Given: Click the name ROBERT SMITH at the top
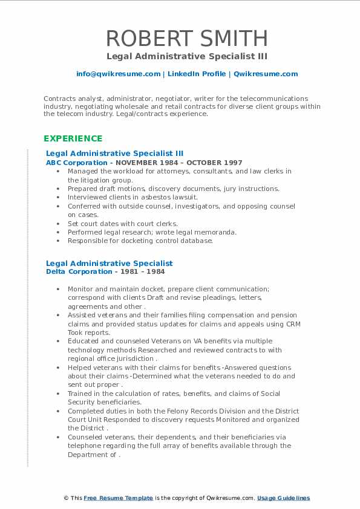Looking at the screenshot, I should coord(187,38).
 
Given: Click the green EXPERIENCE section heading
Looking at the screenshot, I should coord(73,138).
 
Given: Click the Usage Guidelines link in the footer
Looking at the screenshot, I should coord(283,498).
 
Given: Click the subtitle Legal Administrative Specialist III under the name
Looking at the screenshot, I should coord(187,57).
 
